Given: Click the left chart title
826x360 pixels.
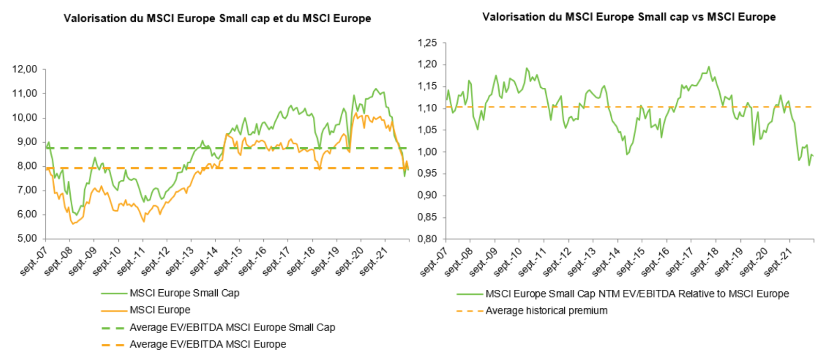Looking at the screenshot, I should (217, 19).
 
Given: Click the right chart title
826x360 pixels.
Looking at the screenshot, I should (628, 17).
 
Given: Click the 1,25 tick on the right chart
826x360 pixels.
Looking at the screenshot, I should (427, 43).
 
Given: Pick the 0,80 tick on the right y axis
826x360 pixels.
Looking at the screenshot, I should (427, 239).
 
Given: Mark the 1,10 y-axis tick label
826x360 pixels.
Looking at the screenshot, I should (427, 108).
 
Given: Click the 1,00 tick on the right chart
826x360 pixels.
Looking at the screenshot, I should (427, 152).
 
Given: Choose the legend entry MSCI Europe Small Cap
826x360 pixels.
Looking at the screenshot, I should (184, 293).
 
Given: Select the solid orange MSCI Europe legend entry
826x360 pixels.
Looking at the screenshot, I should (160, 310).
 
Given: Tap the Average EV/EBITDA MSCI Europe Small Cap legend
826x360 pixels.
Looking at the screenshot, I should (232, 327).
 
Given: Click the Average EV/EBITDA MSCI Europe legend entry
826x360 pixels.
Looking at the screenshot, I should (208, 345).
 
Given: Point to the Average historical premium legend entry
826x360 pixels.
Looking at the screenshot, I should (546, 311).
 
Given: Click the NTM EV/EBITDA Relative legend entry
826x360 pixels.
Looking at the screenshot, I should (637, 294).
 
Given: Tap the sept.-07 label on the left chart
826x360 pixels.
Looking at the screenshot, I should (34, 260).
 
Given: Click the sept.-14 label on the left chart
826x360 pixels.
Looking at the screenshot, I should (204, 260).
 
